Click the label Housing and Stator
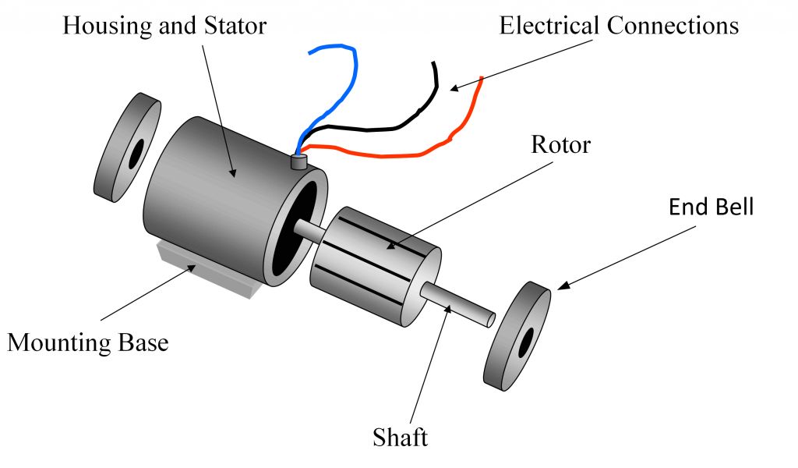tap(164, 26)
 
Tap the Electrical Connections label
tap(619, 26)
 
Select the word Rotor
tap(560, 145)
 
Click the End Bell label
tap(711, 207)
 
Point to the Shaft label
tap(401, 437)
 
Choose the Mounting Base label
tap(87, 342)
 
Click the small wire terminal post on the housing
tap(298, 162)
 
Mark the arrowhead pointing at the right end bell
tap(559, 286)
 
